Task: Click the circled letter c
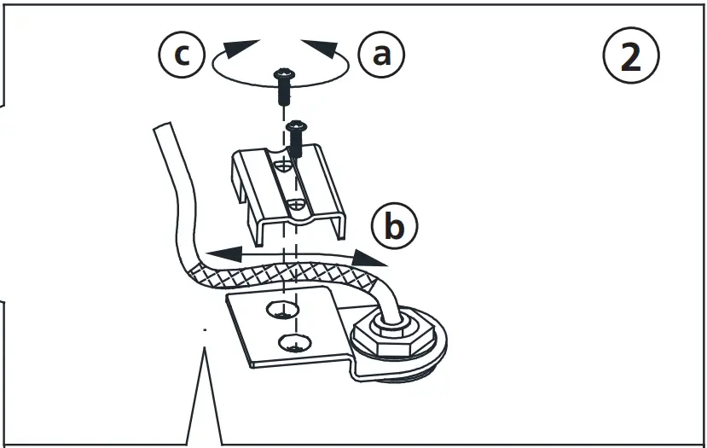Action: click(x=181, y=55)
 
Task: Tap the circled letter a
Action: click(x=381, y=55)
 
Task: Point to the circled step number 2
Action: click(x=630, y=56)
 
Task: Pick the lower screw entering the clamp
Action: click(x=296, y=137)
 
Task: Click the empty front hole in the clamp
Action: click(x=293, y=206)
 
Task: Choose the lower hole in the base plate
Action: click(x=293, y=344)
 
